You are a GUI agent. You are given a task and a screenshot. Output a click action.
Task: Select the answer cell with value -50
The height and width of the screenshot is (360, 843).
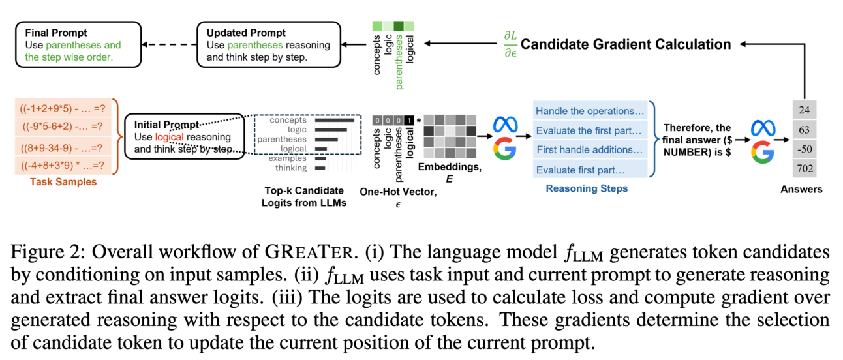tap(803, 149)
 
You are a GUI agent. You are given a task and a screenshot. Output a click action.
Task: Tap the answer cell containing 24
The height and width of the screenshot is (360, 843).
tap(803, 110)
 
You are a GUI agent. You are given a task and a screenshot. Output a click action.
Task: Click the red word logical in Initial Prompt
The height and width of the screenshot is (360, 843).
tap(169, 137)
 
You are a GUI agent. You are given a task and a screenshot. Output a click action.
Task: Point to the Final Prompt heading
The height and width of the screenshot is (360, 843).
tap(56, 33)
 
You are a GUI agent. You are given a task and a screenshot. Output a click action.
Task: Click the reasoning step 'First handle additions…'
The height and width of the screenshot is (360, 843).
tap(590, 150)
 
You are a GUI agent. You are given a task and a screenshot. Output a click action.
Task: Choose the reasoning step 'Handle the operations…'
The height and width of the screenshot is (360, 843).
tap(590, 111)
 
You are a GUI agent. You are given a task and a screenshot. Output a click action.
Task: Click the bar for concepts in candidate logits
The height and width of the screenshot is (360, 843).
tap(334, 120)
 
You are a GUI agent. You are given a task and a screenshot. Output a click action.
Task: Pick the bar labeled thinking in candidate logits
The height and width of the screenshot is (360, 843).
tap(320, 168)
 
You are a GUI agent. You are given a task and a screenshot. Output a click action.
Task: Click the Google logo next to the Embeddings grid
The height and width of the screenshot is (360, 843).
tap(504, 149)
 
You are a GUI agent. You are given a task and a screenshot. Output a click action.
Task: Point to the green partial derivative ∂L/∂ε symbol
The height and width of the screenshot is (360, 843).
tap(510, 44)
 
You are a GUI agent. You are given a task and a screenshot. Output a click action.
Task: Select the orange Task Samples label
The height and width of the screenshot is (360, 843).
tap(63, 182)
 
